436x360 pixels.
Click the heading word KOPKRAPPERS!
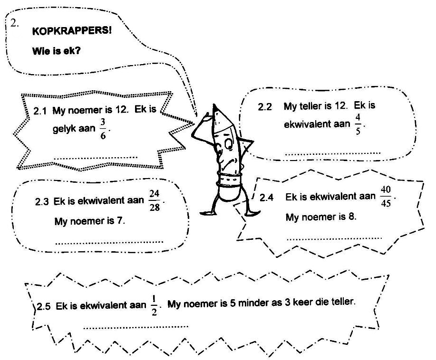(x=72, y=30)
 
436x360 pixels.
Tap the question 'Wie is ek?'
(x=57, y=51)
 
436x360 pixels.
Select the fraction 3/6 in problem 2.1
(x=103, y=129)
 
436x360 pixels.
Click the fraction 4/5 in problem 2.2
(x=358, y=124)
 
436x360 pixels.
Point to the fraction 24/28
(x=155, y=200)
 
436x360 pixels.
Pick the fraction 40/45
(x=386, y=197)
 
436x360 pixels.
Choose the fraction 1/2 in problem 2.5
(x=154, y=305)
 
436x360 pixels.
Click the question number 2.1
(x=40, y=111)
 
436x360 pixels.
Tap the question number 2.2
(x=265, y=107)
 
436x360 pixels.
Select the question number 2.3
(x=42, y=202)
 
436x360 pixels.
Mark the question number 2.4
(x=266, y=198)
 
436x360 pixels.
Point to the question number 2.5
(x=44, y=307)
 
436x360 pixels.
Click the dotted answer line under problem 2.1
(x=96, y=158)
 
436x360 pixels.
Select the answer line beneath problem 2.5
(x=136, y=327)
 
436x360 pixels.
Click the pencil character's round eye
(x=229, y=143)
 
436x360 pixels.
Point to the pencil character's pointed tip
(x=214, y=105)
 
